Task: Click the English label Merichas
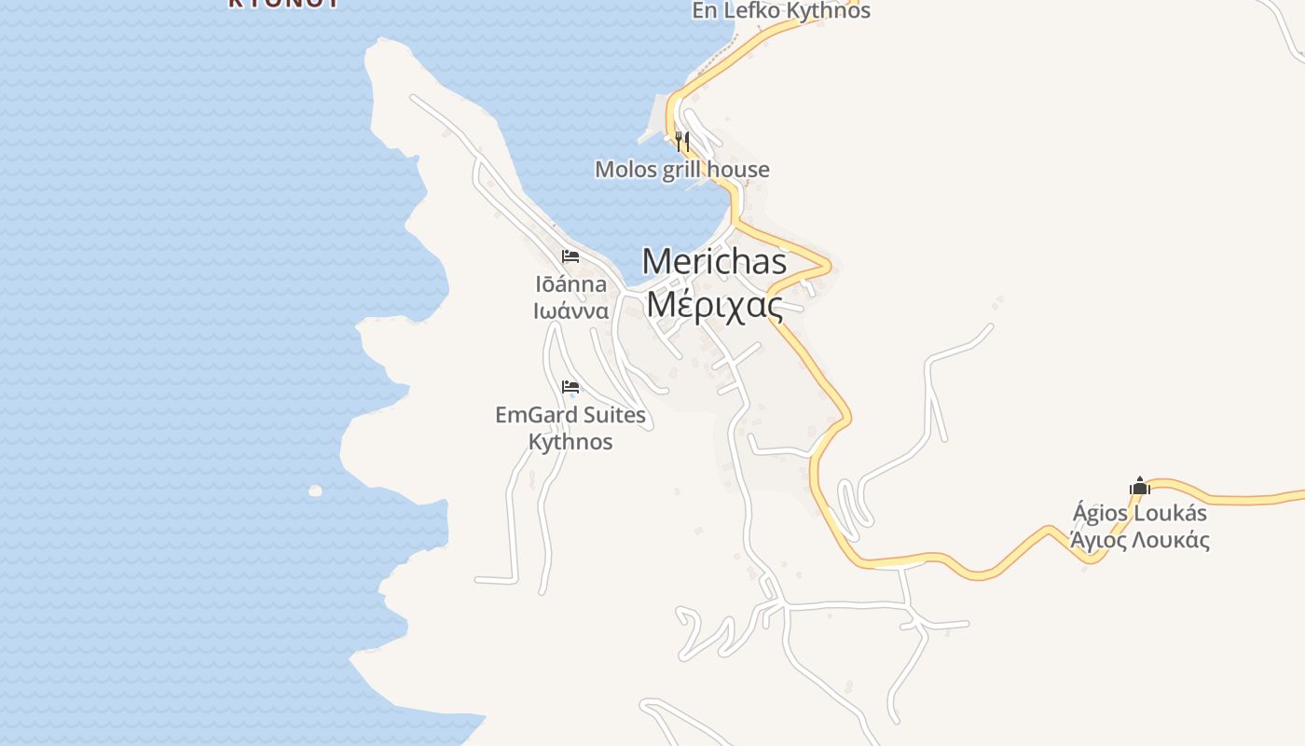(x=714, y=262)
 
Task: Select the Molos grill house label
(x=682, y=170)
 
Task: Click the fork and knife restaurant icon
(x=682, y=142)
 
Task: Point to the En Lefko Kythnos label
(x=780, y=11)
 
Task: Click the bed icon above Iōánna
(x=570, y=256)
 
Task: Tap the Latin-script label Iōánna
(x=570, y=284)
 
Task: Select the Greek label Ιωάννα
(x=570, y=311)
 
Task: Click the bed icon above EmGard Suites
(x=570, y=387)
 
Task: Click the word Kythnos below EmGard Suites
(x=570, y=441)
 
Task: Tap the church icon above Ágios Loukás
(x=1139, y=486)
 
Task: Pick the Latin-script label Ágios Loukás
(x=1139, y=513)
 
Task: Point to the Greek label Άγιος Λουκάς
(x=1139, y=540)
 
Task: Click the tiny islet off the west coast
(x=315, y=490)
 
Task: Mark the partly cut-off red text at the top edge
(x=283, y=4)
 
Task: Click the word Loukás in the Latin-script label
(x=1170, y=513)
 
